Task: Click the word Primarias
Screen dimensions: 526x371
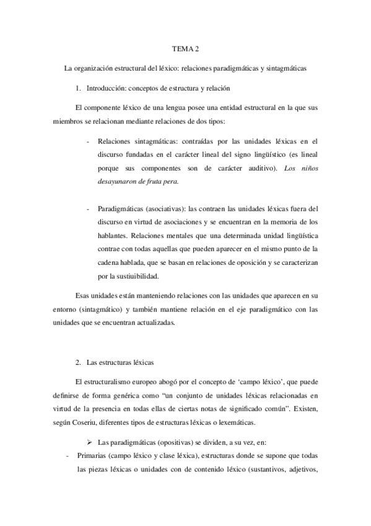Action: [x=92, y=456]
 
